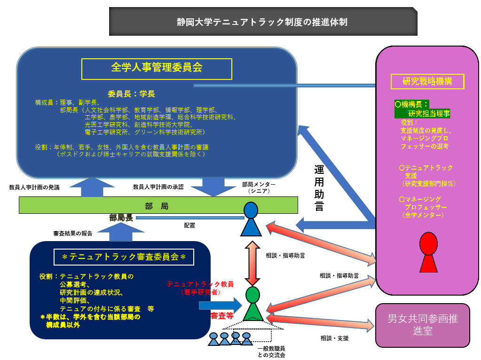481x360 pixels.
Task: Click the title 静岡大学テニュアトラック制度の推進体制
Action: (x=263, y=22)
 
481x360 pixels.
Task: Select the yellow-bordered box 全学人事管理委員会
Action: (x=157, y=68)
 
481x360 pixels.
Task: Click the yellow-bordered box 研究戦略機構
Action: (x=427, y=81)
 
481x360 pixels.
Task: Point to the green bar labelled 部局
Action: (x=158, y=206)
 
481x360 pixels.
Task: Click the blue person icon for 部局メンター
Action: (x=251, y=219)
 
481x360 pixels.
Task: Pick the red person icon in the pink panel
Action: (x=428, y=252)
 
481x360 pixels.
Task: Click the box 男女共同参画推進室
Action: (x=422, y=325)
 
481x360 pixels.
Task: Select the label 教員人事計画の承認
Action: (x=158, y=187)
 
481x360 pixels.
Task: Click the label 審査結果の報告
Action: (x=73, y=233)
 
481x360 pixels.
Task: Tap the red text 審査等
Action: (x=222, y=315)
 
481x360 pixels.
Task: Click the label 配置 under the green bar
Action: (x=189, y=226)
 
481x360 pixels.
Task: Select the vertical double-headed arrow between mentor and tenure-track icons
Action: (x=252, y=263)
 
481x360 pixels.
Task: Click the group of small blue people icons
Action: (x=230, y=339)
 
